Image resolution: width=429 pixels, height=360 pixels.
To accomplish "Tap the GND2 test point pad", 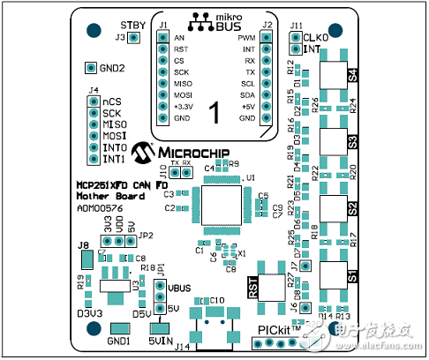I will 90,68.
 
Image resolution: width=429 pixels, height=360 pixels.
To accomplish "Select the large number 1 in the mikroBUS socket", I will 213,111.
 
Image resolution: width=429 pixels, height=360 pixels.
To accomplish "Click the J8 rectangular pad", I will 87,259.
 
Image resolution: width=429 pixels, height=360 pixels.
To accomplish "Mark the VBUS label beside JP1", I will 179,289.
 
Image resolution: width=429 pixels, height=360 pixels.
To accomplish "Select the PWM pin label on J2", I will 246,39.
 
